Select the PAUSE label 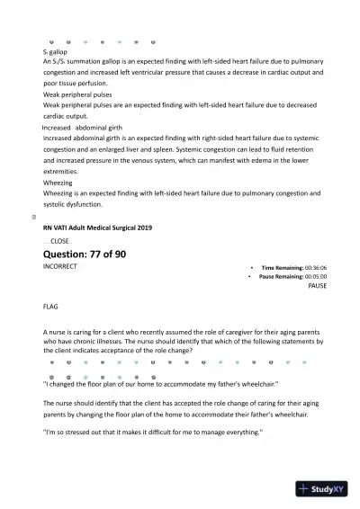[317, 285]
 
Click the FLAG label [50, 307]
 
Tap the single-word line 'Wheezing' [58, 183]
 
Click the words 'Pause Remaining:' [281, 276]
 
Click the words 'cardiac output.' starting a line [68, 116]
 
